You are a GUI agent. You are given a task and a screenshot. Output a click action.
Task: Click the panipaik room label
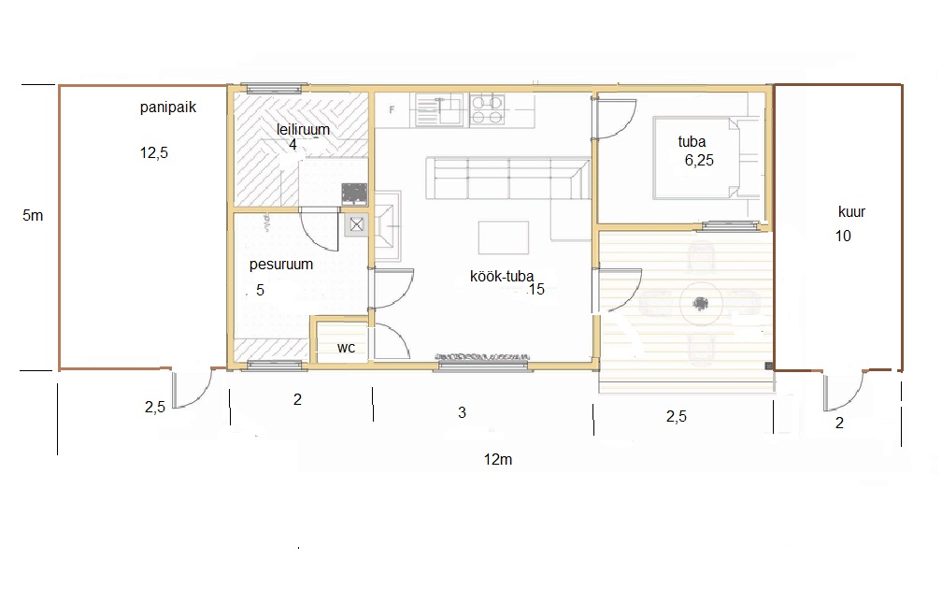167,108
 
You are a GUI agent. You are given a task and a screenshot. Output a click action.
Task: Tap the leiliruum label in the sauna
303,129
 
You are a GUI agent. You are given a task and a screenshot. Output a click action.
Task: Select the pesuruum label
281,265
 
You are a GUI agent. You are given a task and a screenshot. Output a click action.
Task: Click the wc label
346,348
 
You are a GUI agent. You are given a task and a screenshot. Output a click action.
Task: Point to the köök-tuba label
502,276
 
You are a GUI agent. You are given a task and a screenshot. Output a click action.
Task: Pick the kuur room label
851,211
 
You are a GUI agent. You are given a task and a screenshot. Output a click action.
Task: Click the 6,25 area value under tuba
699,161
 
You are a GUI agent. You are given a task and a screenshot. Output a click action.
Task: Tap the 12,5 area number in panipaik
154,153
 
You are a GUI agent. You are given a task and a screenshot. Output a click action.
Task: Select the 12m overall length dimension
498,460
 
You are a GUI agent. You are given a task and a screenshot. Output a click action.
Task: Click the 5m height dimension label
33,215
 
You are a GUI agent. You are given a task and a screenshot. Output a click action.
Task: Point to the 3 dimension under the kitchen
462,413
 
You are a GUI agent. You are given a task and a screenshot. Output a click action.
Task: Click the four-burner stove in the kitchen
487,108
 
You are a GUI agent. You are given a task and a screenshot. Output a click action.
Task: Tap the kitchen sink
440,109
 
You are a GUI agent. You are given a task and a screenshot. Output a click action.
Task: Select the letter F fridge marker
392,110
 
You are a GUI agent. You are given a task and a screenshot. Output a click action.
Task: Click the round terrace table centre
701,304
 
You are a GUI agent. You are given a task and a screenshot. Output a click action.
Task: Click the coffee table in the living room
504,237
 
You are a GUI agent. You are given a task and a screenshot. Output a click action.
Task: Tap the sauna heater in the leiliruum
354,194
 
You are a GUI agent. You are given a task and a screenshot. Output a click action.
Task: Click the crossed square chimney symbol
357,224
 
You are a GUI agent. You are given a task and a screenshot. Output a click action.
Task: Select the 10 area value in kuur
843,237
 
